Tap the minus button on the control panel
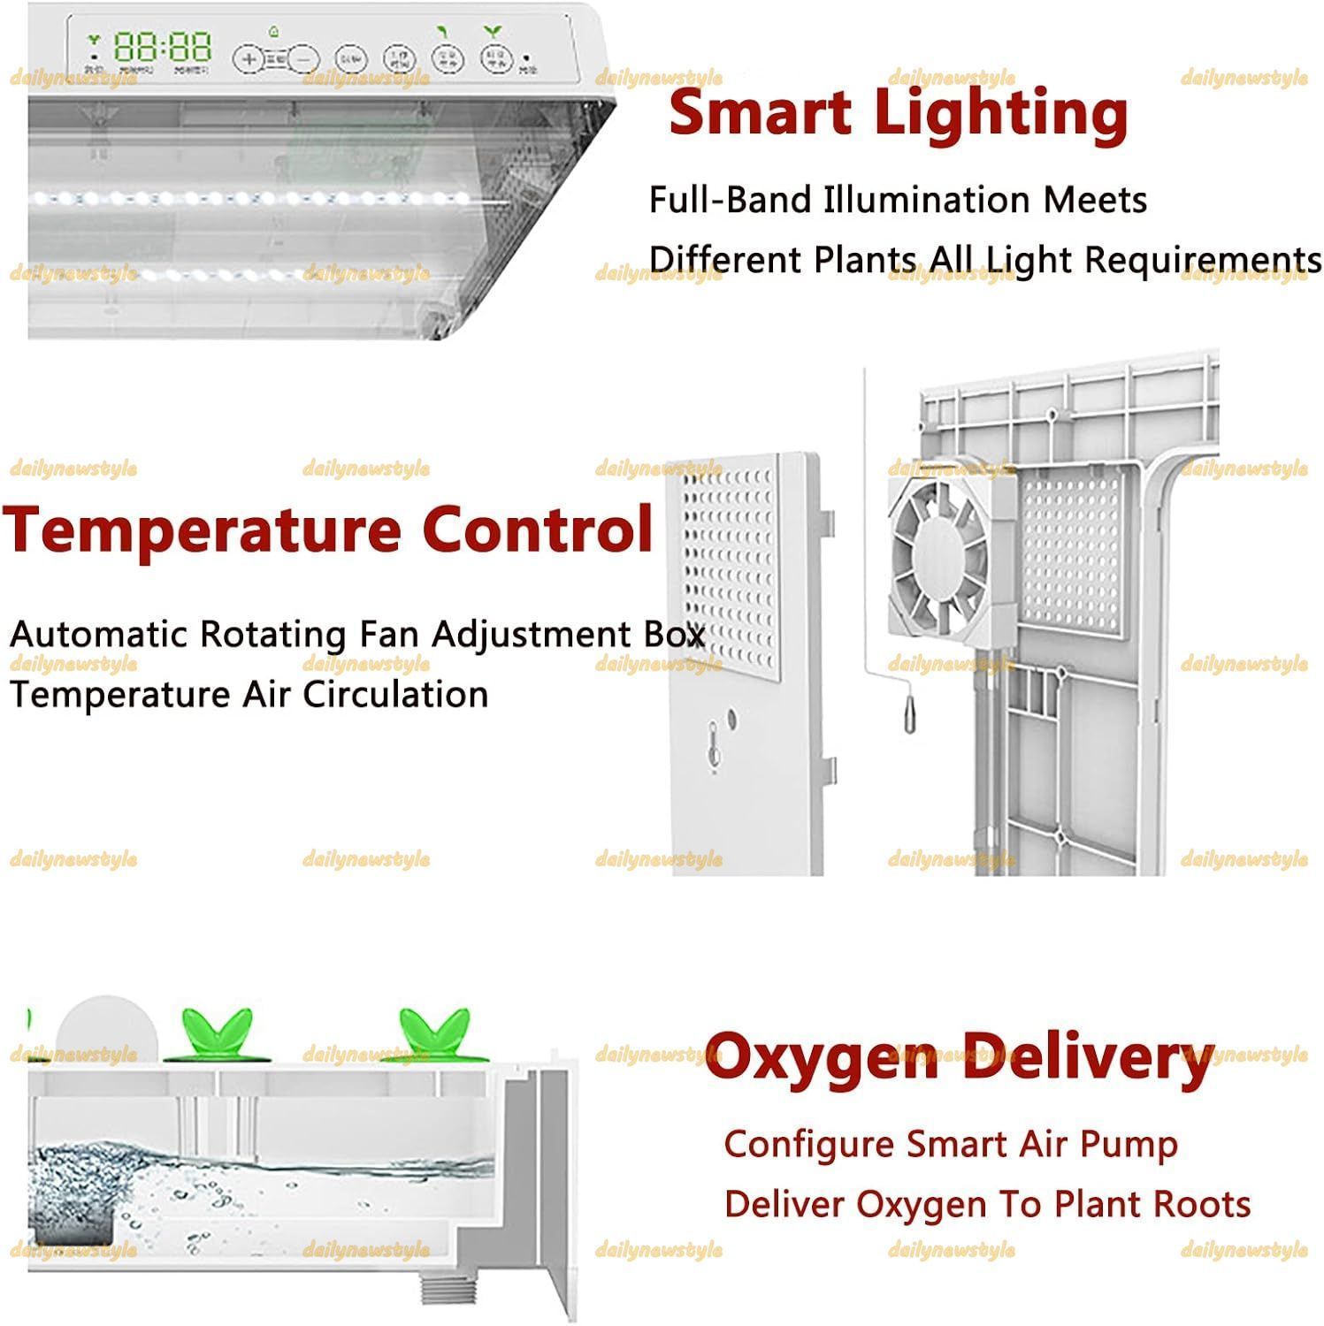[x=303, y=58]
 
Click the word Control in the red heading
[x=537, y=529]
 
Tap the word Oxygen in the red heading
[x=821, y=1056]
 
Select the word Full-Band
[x=730, y=200]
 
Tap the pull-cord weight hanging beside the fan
[x=909, y=710]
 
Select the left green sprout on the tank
[x=217, y=1033]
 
